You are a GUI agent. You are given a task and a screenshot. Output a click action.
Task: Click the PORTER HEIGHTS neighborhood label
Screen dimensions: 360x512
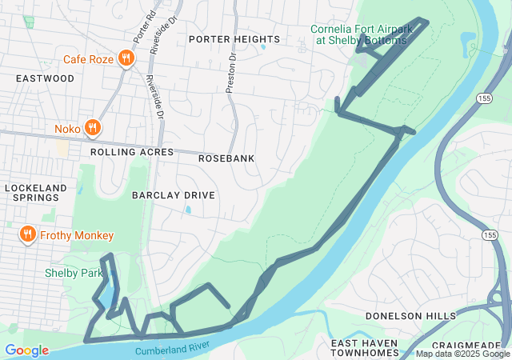coord(234,39)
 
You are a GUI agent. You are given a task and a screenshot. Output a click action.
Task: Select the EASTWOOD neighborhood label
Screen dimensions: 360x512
coord(45,78)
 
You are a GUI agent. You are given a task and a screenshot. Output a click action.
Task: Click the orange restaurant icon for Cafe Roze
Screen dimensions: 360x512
coord(126,58)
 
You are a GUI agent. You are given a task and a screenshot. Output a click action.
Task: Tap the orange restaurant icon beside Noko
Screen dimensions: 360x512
coord(93,127)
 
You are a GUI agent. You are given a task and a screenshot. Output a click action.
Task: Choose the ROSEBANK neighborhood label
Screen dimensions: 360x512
coord(226,158)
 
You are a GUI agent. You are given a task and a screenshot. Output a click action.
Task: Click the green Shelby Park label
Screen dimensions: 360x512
coord(74,273)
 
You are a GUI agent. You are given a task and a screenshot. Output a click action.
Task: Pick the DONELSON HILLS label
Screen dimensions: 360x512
coord(410,316)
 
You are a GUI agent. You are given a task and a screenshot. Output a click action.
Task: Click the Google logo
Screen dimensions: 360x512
coord(26,350)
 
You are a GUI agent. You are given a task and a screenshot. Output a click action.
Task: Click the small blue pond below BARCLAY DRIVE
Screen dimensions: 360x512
coord(187,210)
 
